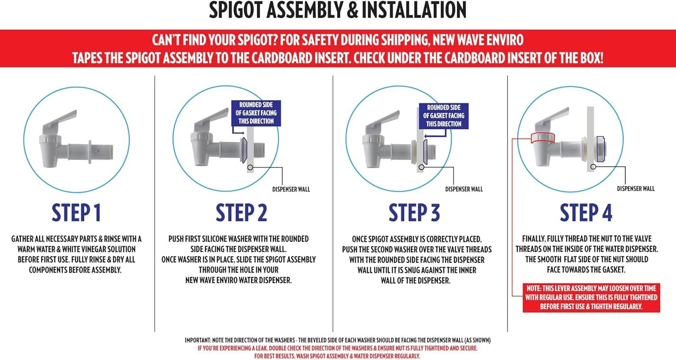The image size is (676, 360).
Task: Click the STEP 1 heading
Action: point(76,213)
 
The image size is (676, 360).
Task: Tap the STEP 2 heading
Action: point(242,213)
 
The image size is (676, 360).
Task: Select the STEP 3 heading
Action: point(414,213)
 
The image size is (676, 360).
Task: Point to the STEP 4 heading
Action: point(586,213)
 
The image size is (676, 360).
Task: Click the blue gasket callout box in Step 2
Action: point(256,113)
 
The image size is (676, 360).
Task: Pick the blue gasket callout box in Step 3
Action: point(443,116)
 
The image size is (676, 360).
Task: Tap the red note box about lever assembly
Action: point(591,297)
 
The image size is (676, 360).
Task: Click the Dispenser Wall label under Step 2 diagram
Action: point(291,190)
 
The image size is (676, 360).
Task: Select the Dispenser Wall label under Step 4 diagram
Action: point(635,189)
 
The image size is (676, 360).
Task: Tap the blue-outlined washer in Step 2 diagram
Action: point(244,150)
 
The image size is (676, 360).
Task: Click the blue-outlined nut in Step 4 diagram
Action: point(601,149)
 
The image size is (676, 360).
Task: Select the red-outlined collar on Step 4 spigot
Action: point(543,138)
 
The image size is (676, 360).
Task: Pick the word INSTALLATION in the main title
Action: point(414,10)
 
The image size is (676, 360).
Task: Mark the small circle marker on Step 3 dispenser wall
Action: point(421,167)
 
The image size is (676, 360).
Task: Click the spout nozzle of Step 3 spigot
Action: point(372,159)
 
